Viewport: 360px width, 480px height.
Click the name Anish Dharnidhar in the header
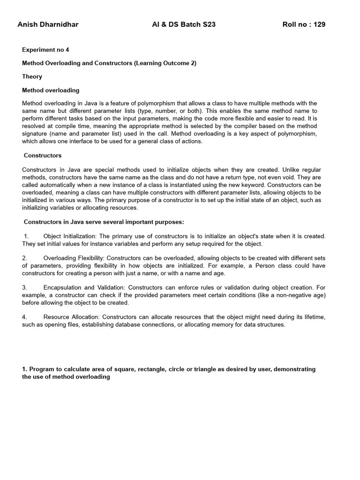48,24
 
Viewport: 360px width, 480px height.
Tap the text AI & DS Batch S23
180,24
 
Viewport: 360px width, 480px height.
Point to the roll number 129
320,24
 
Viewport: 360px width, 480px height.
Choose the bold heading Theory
32,76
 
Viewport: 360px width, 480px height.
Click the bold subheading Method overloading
51,90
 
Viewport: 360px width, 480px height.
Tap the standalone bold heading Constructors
43,155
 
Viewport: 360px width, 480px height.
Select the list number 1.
27,236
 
